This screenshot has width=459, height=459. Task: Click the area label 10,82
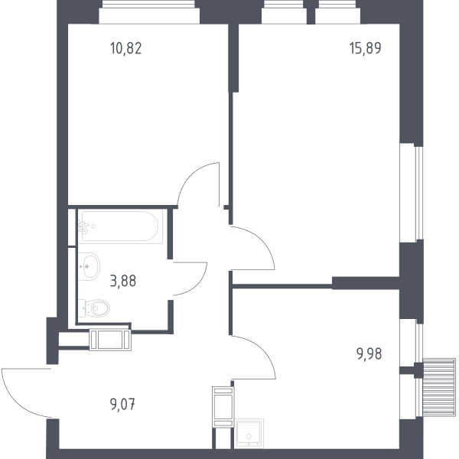tap(126, 48)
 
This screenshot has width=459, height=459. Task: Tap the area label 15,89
tap(366, 48)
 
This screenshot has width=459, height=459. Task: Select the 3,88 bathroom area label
tap(123, 281)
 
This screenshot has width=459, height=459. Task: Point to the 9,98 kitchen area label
tap(369, 354)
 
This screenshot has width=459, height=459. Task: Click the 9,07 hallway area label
tap(122, 405)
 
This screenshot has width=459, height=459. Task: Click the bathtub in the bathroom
tap(120, 226)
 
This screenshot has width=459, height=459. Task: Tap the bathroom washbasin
tap(90, 266)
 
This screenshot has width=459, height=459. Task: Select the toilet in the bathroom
tap(94, 308)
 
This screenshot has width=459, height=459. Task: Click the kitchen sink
tap(249, 434)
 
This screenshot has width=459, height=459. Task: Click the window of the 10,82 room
tap(149, 11)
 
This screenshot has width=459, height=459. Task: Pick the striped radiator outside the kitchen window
tap(439, 387)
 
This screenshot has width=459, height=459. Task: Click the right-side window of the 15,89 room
tap(412, 193)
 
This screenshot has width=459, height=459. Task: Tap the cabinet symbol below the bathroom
tap(110, 340)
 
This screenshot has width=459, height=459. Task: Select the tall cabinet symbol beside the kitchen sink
tap(223, 407)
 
